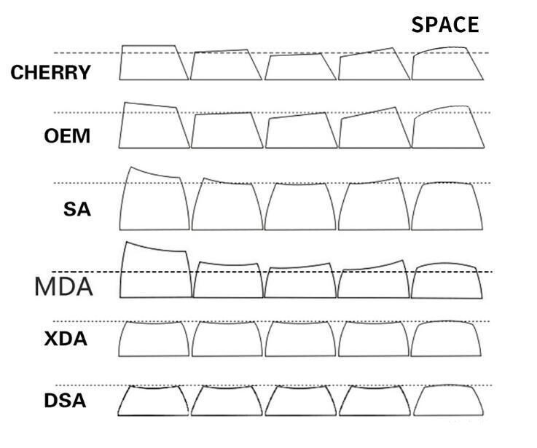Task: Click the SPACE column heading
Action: pyautogui.click(x=445, y=25)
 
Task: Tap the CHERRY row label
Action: pyautogui.click(x=51, y=73)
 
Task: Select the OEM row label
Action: pyautogui.click(x=68, y=136)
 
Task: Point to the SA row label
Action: pyautogui.click(x=77, y=210)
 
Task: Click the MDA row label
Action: pyautogui.click(x=64, y=286)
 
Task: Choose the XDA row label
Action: pyautogui.click(x=66, y=339)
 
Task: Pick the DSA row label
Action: pyautogui.click(x=66, y=400)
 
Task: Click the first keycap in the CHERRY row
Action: pyautogui.click(x=154, y=63)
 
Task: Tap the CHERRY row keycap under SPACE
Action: pyautogui.click(x=447, y=65)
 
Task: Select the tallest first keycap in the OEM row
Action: pyautogui.click(x=154, y=127)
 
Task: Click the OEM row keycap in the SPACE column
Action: pyautogui.click(x=447, y=129)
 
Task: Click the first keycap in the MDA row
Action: pyautogui.click(x=155, y=272)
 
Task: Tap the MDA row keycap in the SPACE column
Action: pyautogui.click(x=447, y=280)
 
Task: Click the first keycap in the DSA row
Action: pyautogui.click(x=154, y=400)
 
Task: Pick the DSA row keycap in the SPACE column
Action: pyautogui.click(x=447, y=400)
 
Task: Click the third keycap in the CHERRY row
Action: pyautogui.click(x=300, y=67)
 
